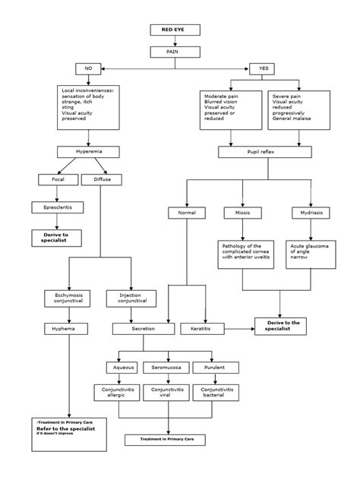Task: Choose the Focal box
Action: click(x=58, y=180)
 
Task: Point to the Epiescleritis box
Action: click(x=58, y=207)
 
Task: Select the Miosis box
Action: click(x=242, y=213)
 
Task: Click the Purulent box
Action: click(x=207, y=368)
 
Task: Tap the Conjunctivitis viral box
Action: click(x=165, y=392)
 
